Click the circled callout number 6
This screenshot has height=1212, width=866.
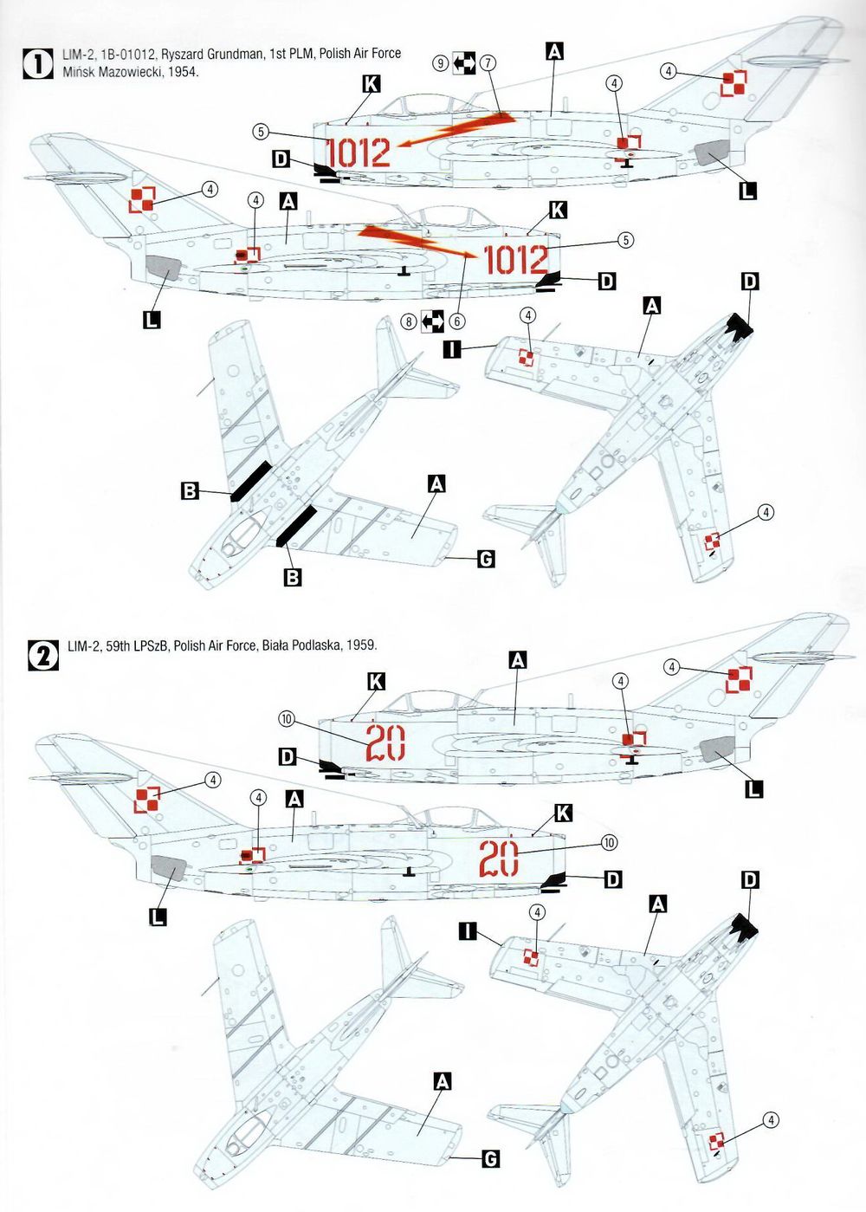pyautogui.click(x=457, y=321)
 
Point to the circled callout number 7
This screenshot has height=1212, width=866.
pyautogui.click(x=488, y=63)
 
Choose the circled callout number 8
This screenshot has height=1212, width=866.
pyautogui.click(x=410, y=321)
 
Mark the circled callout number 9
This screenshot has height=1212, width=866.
pyautogui.click(x=441, y=63)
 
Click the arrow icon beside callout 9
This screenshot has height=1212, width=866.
pyautogui.click(x=464, y=63)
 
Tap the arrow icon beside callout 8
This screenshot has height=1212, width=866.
pyautogui.click(x=433, y=321)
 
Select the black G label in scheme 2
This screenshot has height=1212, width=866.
pyautogui.click(x=489, y=1159)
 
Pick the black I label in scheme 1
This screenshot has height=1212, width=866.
pyautogui.click(x=451, y=350)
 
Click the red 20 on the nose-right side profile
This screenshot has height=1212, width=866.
pyautogui.click(x=500, y=859)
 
